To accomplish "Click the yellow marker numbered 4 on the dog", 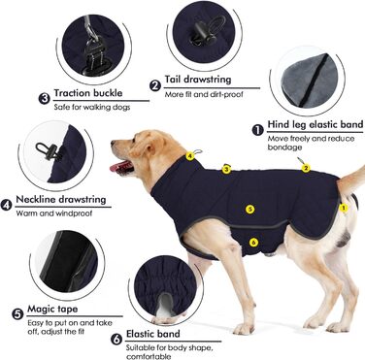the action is coord(190,156).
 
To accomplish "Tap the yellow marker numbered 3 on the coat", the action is coord(226,169).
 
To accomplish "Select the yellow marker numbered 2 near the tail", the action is coord(306,168).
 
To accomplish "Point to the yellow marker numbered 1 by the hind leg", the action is coord(344,208).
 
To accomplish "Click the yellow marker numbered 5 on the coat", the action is coord(249,210).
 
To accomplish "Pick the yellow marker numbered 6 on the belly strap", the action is coord(253,242).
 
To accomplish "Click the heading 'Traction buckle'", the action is coord(88,93).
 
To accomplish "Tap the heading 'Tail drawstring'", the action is coord(198,80).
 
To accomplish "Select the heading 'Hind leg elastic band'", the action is coord(315,124).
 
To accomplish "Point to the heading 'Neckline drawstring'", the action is coord(61,199).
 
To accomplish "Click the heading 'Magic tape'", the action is coord(52,309).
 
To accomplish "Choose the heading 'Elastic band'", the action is coord(153,334).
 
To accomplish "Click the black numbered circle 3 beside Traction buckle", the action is coord(44,98).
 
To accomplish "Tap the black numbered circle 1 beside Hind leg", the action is coord(257,130).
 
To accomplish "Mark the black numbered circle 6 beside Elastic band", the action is coord(116,339).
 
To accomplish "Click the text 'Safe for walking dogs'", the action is coord(92,107).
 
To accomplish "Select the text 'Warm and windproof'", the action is coord(54,213).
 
